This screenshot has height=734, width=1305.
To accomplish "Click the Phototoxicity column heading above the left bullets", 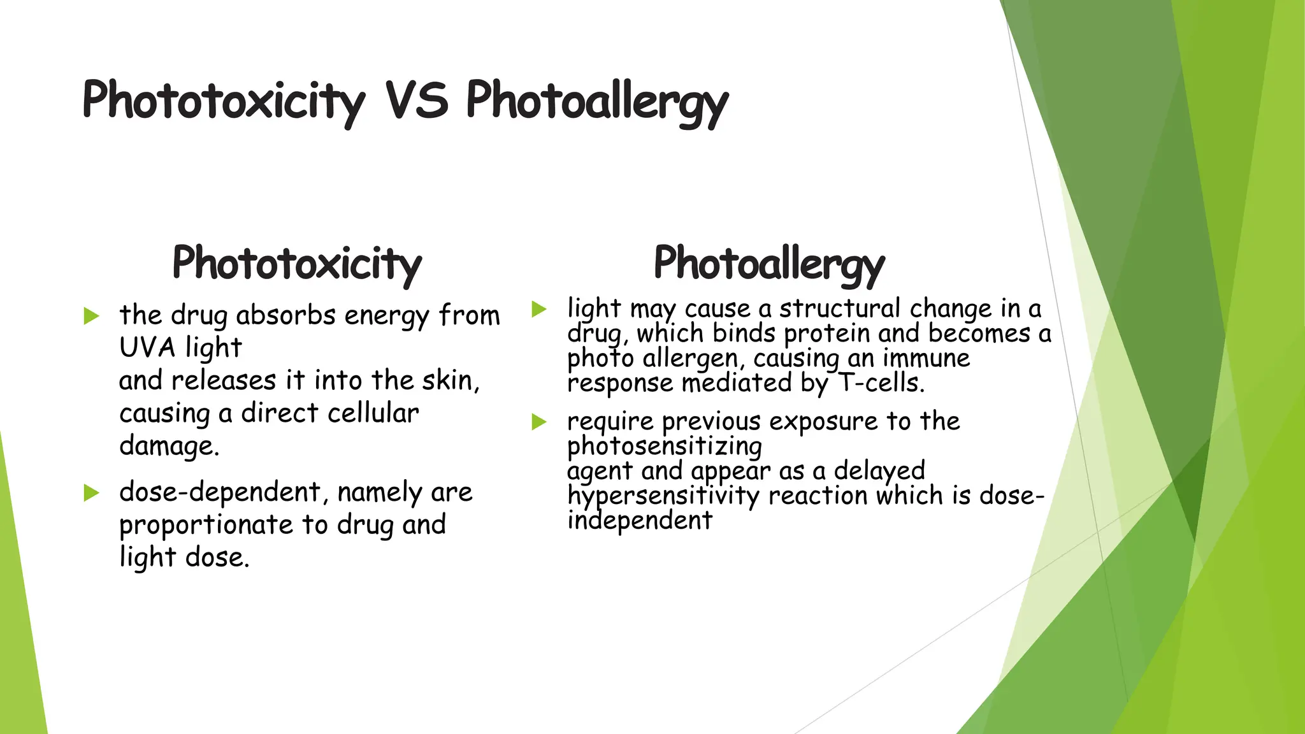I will click(297, 263).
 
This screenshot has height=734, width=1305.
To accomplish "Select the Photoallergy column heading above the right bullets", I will click(769, 263).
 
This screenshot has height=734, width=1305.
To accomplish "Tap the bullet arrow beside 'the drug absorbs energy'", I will click(92, 316).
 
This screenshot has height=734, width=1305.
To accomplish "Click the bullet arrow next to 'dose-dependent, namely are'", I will click(92, 493).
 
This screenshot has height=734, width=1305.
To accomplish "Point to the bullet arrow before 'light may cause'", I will click(539, 310).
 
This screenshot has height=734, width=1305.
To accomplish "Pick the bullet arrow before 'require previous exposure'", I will click(539, 422).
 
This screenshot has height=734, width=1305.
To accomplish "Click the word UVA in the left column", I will click(147, 348).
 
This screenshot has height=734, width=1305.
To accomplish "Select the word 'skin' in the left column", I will click(449, 381).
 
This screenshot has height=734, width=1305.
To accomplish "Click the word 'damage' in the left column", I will click(167, 446).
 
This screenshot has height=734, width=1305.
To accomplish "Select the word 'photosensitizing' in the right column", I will click(665, 447).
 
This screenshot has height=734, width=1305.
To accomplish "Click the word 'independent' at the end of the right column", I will click(640, 521).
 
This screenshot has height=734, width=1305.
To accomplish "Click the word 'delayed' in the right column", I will click(879, 471).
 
